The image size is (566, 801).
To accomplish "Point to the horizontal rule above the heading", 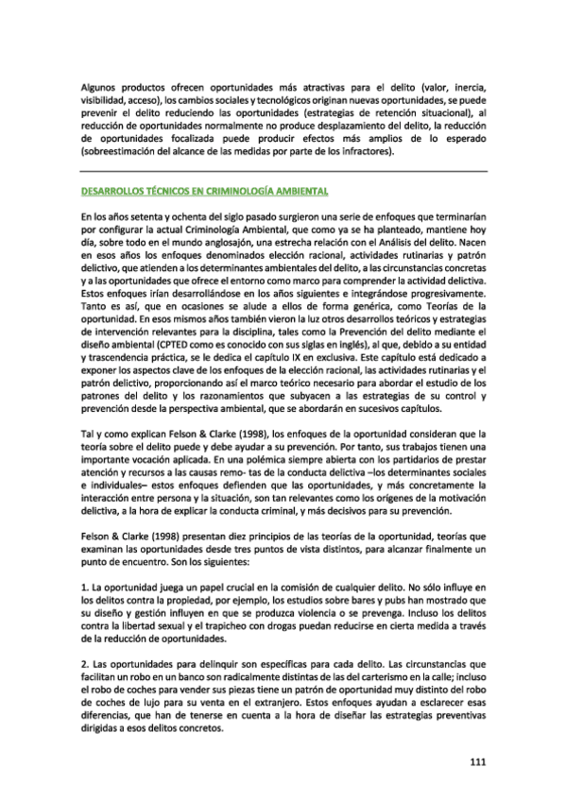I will coord(283,170).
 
